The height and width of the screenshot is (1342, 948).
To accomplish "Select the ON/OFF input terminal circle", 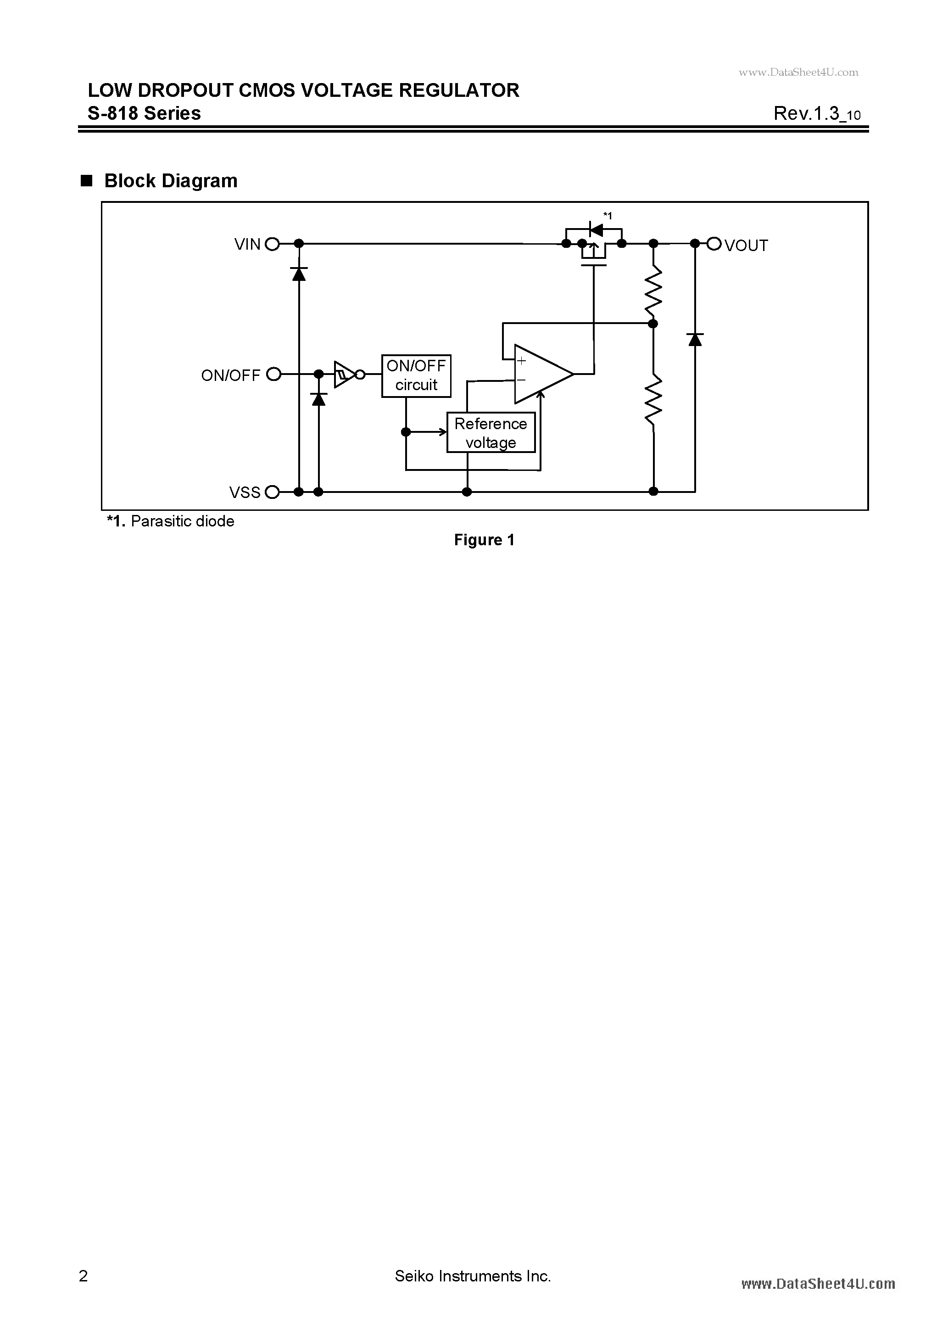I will click(x=273, y=374).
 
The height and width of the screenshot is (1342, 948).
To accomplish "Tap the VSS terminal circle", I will click(x=272, y=492).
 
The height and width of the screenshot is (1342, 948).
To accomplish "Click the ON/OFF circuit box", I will click(x=416, y=376).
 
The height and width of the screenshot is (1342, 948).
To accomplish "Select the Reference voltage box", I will click(x=491, y=432).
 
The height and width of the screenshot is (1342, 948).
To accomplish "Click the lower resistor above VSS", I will click(x=653, y=399).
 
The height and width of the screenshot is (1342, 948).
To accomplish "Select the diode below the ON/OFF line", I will click(x=318, y=399).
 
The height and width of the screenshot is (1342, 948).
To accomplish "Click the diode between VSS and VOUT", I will click(x=695, y=339).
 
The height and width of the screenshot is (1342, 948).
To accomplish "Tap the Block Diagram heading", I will click(x=171, y=181).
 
